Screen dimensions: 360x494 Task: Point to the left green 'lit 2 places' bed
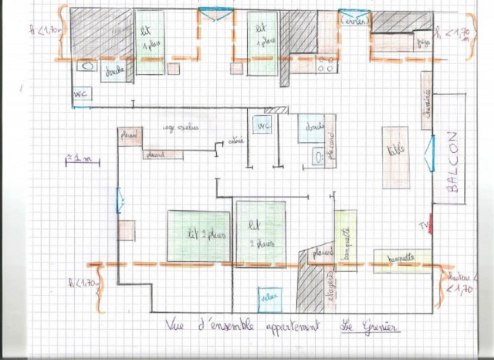[199, 235]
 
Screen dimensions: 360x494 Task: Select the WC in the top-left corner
[81, 94]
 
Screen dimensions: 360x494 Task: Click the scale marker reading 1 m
[80, 160]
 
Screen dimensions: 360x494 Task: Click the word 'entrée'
[236, 141]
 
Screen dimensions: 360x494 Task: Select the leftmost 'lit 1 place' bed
[150, 42]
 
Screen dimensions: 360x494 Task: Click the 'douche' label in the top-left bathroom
[113, 72]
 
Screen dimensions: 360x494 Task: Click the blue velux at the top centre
[215, 13]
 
